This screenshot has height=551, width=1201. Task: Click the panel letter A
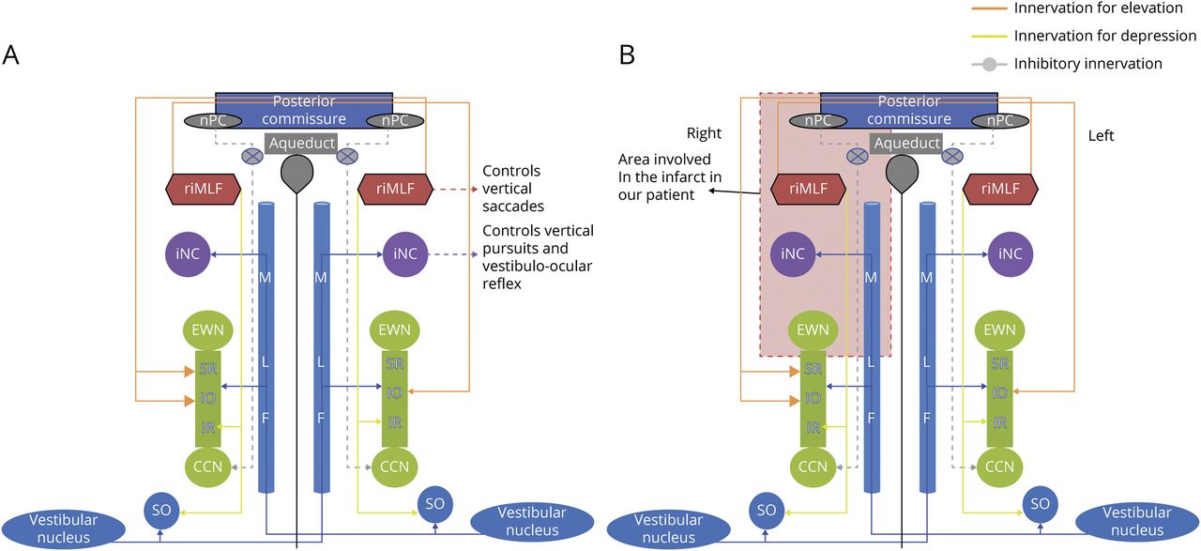11,54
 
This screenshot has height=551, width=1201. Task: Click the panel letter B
627,54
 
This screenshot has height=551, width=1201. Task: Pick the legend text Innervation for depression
1105,36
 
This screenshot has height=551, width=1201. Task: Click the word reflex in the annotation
501,284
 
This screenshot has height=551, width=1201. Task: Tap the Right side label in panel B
704,134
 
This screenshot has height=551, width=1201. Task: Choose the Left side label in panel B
1101,136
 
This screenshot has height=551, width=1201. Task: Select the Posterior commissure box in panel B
908,110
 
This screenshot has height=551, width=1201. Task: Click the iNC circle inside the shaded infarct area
793,253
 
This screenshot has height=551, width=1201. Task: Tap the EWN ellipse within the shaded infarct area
813,329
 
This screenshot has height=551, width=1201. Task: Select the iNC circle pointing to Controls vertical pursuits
405,253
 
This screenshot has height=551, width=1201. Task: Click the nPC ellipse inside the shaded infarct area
817,120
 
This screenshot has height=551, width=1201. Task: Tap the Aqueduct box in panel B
908,143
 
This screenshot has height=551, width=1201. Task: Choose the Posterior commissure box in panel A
304,110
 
